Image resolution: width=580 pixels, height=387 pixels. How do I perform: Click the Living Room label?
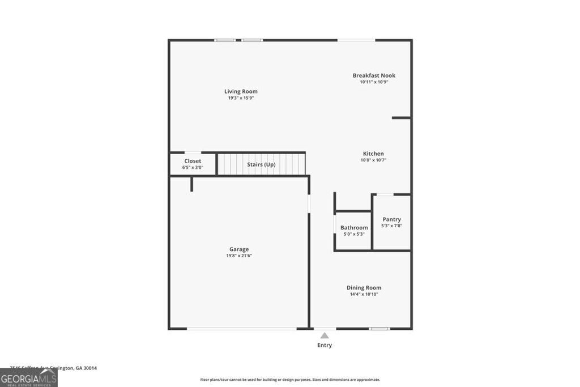click(241, 91)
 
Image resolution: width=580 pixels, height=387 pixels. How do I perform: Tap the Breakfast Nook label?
click(374, 75)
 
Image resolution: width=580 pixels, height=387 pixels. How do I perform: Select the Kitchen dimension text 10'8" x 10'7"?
click(373, 160)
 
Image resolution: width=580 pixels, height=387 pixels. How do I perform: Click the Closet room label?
click(193, 161)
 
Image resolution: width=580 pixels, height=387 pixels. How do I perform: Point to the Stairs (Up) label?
click(261, 164)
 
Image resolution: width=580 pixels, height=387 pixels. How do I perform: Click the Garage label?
click(239, 249)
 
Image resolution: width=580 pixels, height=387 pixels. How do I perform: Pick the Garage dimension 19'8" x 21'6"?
click(239, 256)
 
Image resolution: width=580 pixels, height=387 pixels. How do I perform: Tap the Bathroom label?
click(354, 228)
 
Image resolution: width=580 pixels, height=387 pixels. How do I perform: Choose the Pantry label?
click(391, 219)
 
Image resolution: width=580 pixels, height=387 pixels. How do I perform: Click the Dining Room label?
click(364, 288)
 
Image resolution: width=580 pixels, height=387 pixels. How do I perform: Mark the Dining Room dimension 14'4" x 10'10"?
click(364, 295)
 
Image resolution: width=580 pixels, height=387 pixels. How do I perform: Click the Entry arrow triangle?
click(325, 335)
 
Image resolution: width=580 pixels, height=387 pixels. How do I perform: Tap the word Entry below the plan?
click(325, 345)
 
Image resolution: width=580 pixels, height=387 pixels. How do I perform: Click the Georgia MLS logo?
click(28, 378)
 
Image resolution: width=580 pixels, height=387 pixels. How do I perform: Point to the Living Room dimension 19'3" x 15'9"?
click(241, 98)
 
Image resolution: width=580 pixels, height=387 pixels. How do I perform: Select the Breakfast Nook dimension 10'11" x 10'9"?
click(374, 82)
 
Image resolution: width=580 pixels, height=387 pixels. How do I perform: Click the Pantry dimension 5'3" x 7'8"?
click(391, 226)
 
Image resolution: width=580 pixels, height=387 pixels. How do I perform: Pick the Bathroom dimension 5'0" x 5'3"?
click(354, 234)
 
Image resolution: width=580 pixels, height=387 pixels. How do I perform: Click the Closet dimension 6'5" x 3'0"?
click(193, 168)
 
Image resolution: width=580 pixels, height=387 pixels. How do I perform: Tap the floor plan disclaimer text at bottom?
click(290, 380)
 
